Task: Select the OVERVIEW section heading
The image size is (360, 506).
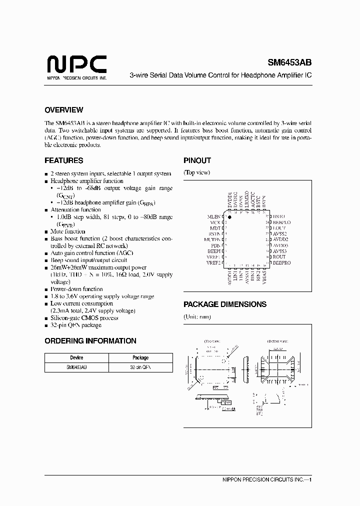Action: point(64,110)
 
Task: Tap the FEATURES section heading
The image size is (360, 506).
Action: point(64,161)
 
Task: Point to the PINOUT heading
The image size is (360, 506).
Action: point(197,161)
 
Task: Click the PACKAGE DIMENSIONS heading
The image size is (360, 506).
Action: point(225,304)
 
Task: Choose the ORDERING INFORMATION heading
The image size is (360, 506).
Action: point(90,341)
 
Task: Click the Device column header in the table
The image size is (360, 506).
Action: point(76,358)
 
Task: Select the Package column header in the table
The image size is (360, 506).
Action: point(140,358)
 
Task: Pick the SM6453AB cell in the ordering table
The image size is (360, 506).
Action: point(76,367)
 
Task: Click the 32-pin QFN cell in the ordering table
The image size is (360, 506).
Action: point(140,367)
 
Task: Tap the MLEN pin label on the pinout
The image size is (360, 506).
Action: point(214,216)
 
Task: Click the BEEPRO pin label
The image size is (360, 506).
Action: point(282,262)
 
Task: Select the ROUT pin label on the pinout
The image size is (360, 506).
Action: point(279,256)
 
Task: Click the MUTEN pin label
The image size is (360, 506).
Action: point(212,239)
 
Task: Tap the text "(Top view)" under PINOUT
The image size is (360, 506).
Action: point(197,172)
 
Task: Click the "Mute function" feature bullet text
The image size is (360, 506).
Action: point(68,231)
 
